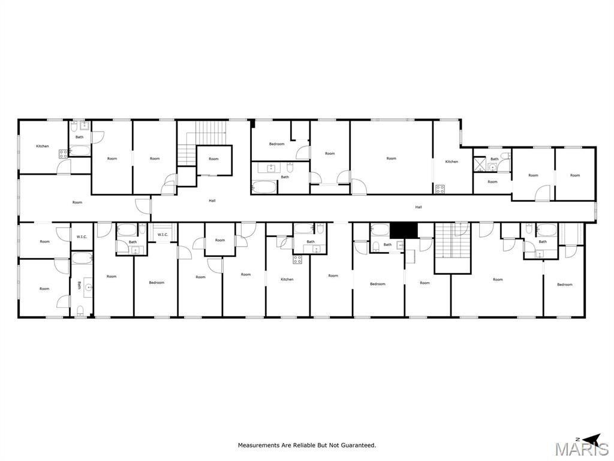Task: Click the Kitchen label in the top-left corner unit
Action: point(42,146)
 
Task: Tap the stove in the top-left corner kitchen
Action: point(63,154)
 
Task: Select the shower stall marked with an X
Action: point(479,163)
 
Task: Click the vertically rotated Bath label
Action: point(79,286)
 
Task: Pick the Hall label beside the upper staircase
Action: point(212,200)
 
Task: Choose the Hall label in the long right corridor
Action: point(419,207)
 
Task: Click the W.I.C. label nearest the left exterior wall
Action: point(82,237)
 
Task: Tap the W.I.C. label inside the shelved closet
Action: point(162,235)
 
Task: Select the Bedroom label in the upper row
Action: point(276,144)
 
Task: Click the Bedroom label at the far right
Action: point(565,285)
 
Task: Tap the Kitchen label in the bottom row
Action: point(287,279)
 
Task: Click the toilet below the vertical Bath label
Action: point(80,310)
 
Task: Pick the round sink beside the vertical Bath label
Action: point(89,287)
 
